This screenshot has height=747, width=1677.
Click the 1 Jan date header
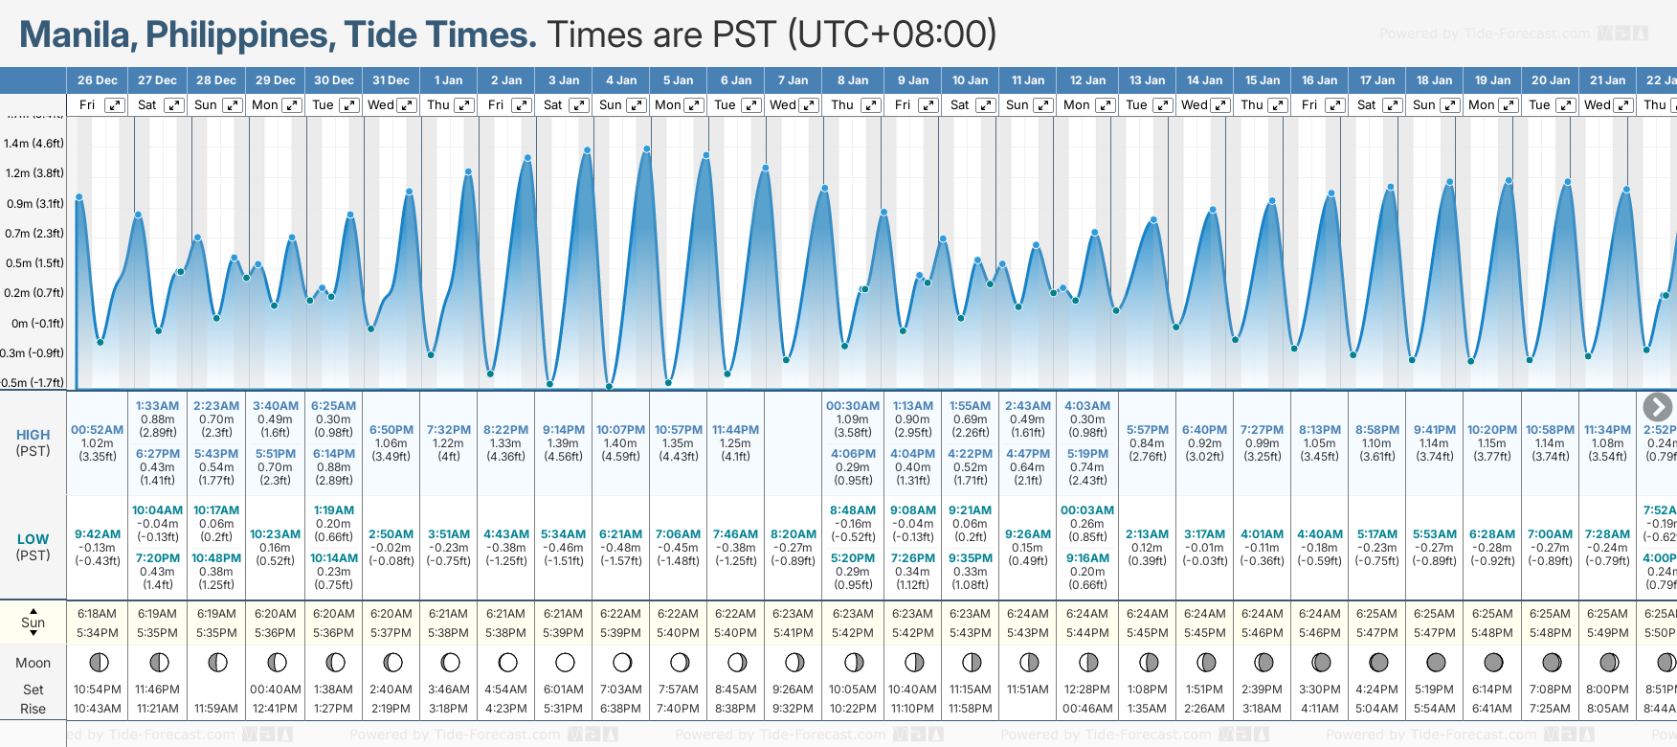pyautogui.click(x=448, y=80)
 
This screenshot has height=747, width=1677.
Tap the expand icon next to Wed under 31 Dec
pyautogui.click(x=407, y=105)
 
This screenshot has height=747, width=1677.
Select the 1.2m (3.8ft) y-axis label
pyautogui.click(x=34, y=173)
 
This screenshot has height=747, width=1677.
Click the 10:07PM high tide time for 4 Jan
pyautogui.click(x=620, y=430)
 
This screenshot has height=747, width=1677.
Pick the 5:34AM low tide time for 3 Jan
pyautogui.click(x=563, y=534)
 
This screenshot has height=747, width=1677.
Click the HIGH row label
pyautogui.click(x=33, y=435)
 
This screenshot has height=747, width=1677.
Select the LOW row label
pyautogui.click(x=33, y=539)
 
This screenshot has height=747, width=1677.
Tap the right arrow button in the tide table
pyautogui.click(x=1657, y=407)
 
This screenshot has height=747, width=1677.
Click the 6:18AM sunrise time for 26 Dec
pyautogui.click(x=97, y=614)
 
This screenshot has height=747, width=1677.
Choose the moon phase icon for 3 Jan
pyautogui.click(x=565, y=663)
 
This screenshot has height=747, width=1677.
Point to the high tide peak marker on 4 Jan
pyautogui.click(x=647, y=149)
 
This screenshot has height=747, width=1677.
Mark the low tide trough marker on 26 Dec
pyautogui.click(x=101, y=342)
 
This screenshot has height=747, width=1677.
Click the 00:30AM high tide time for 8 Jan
pyautogui.click(x=852, y=406)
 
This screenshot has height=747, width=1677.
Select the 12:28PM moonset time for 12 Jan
pyautogui.click(x=1087, y=690)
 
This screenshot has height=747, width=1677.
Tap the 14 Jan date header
pyautogui.click(x=1204, y=80)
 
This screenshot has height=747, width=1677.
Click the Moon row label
pyautogui.click(x=33, y=663)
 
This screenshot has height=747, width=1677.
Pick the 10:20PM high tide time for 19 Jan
pyautogui.click(x=1492, y=430)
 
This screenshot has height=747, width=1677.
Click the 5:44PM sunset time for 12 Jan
pyautogui.click(x=1087, y=633)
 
